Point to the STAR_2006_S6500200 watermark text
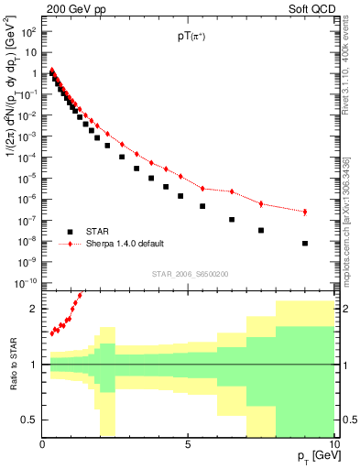191,274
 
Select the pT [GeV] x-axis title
313,455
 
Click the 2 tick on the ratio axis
34,309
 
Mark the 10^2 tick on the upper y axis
28,31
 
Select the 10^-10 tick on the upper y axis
27,283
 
